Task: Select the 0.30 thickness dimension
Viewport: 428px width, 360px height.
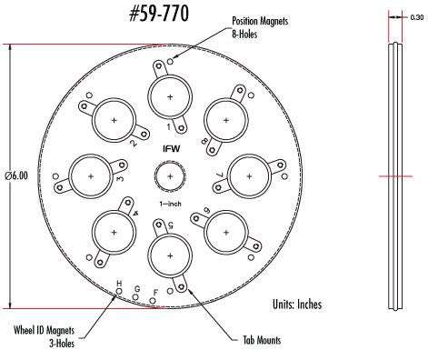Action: pyautogui.click(x=417, y=15)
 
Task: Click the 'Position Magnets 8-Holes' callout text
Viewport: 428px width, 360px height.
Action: pyautogui.click(x=265, y=25)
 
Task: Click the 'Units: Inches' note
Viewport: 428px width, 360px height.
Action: pyautogui.click(x=296, y=304)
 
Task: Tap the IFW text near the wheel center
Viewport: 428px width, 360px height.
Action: pyautogui.click(x=170, y=148)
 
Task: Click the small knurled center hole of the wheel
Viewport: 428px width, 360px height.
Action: pyautogui.click(x=170, y=175)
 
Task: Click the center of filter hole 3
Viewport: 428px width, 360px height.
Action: pyautogui.click(x=89, y=175)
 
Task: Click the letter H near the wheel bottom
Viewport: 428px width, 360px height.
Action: pyautogui.click(x=117, y=284)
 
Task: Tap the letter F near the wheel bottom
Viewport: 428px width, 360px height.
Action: pyautogui.click(x=155, y=292)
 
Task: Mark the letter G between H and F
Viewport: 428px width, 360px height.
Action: pyautogui.click(x=136, y=289)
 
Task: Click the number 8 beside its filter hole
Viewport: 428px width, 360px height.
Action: pyautogui.click(x=204, y=141)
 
